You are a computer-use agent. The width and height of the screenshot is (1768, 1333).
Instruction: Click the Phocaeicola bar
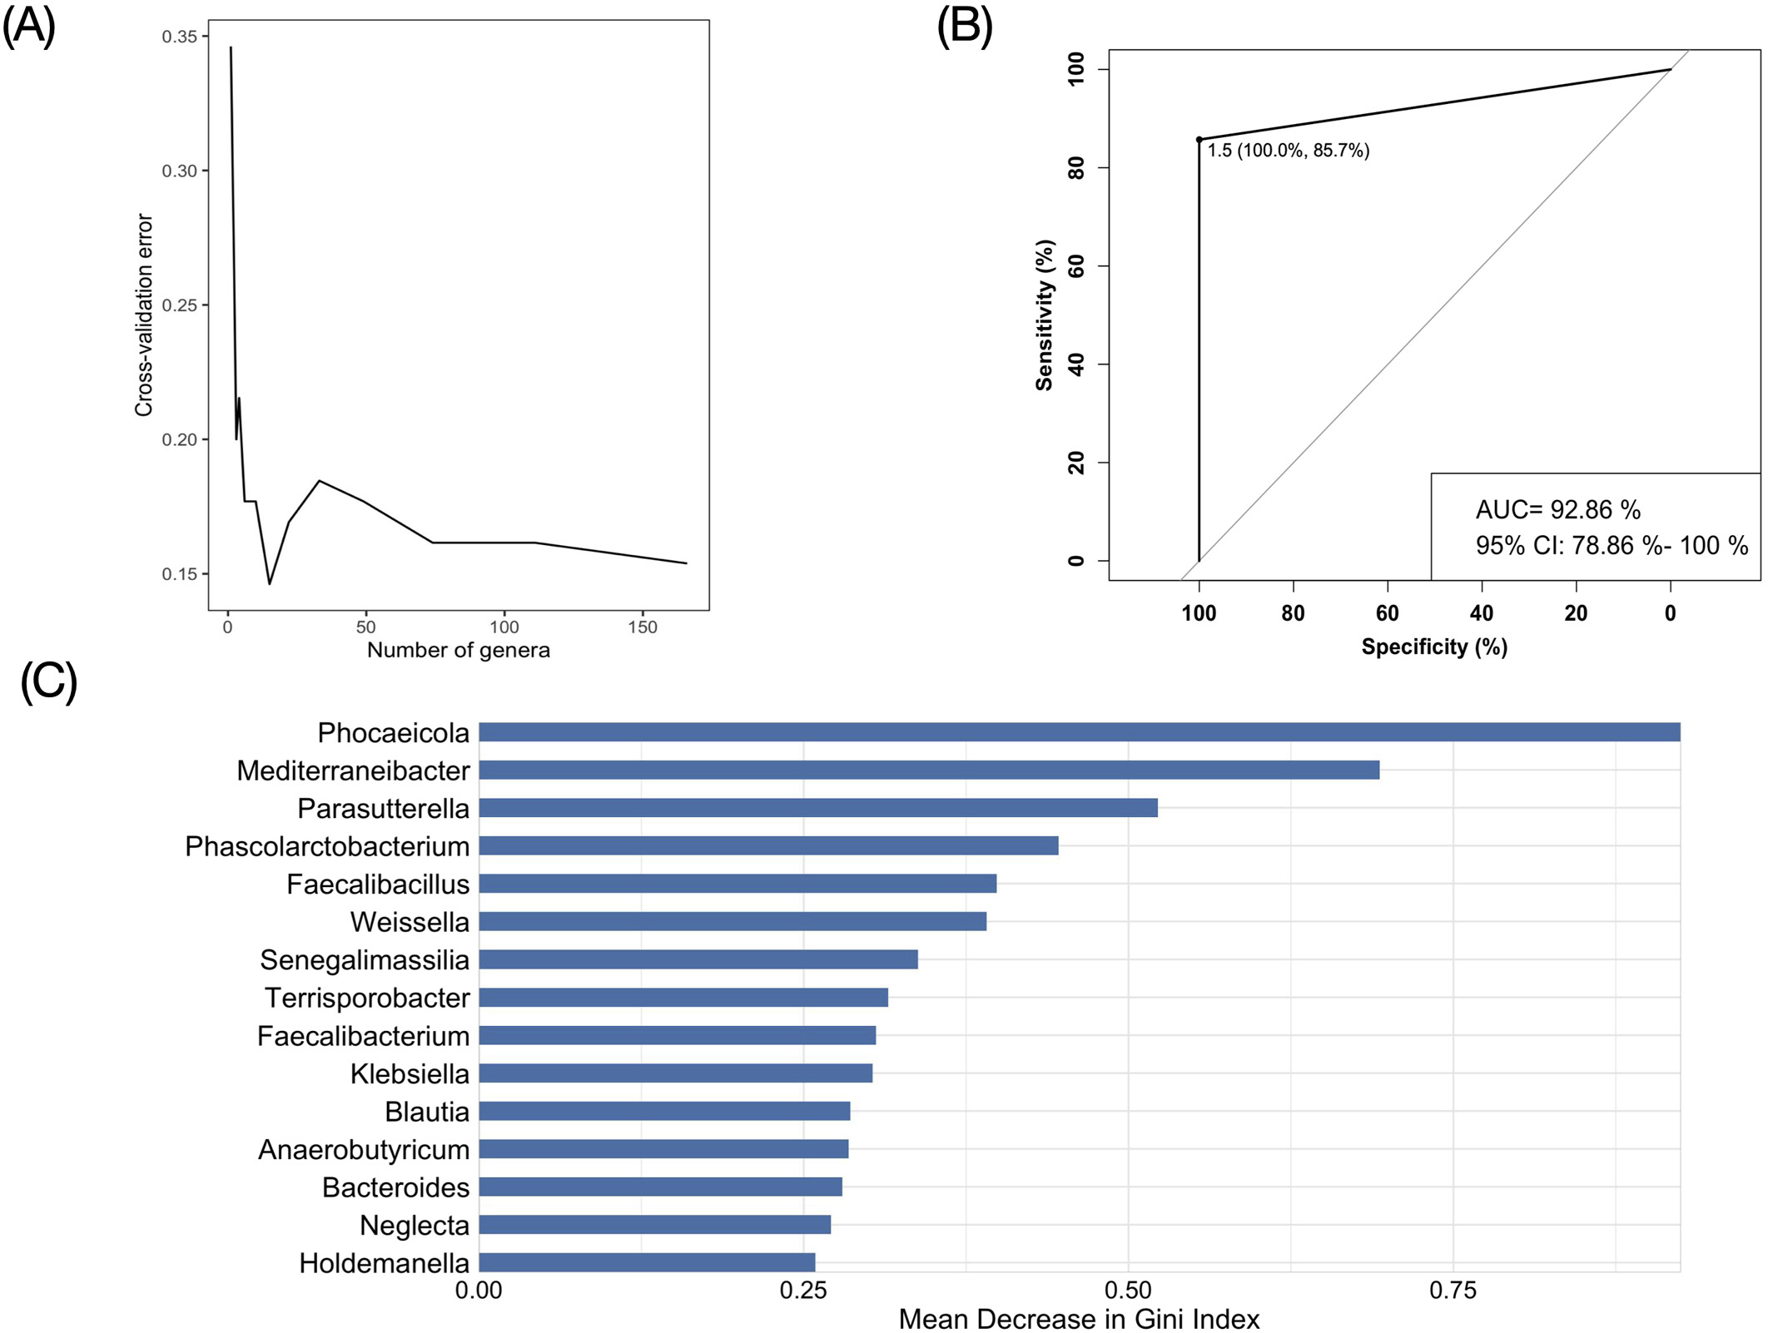(x=1079, y=732)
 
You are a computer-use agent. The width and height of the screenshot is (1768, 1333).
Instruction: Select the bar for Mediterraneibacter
(x=928, y=770)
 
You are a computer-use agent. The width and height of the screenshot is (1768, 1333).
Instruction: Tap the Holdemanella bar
(x=647, y=1262)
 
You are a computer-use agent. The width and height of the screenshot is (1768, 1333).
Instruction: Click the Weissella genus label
(x=410, y=922)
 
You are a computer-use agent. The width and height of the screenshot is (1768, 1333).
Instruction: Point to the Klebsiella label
(x=410, y=1073)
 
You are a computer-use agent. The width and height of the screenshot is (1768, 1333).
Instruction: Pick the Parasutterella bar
(x=817, y=808)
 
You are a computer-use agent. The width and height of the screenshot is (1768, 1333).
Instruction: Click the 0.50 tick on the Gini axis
(x=1128, y=1291)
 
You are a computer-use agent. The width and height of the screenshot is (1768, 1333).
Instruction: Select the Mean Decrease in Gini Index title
(x=1079, y=1319)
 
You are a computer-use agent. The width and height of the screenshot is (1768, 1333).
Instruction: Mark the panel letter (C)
(x=48, y=681)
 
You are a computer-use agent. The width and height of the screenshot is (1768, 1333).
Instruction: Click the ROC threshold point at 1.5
(x=1199, y=140)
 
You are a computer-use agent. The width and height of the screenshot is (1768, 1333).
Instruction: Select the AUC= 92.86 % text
(x=1557, y=509)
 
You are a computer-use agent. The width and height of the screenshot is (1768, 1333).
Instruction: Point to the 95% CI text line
(x=1612, y=546)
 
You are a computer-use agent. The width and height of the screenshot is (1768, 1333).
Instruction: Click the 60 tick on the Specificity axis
(x=1387, y=613)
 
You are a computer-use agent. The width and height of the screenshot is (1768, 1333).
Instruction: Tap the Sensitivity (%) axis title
(x=1044, y=315)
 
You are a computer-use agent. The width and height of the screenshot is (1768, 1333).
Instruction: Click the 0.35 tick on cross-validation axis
(x=179, y=37)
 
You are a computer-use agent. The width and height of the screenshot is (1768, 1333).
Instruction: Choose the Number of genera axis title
(x=459, y=650)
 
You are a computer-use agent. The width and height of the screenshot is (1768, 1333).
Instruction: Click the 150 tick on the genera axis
(x=643, y=627)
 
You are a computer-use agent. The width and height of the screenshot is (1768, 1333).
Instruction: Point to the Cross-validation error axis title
(x=144, y=315)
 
